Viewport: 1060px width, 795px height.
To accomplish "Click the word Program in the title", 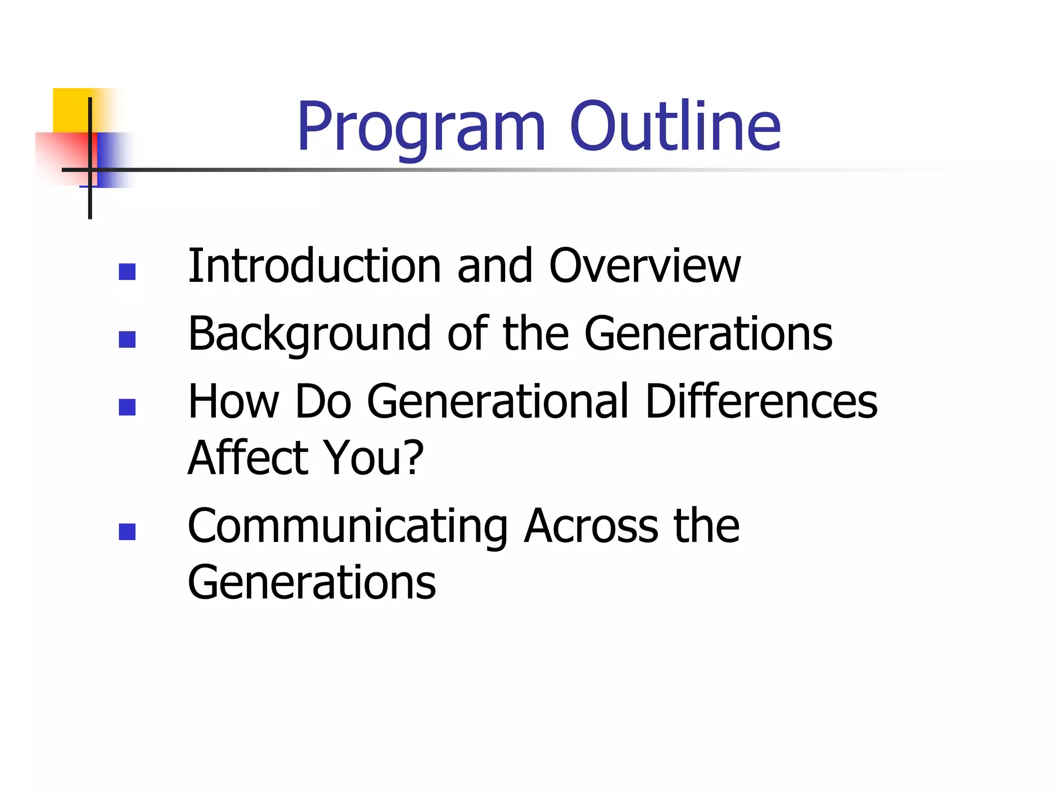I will point(421,128).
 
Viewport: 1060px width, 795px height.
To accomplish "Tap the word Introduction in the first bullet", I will point(314,266).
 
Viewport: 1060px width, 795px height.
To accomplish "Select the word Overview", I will point(644,266).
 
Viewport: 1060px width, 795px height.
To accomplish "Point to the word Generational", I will point(497,402).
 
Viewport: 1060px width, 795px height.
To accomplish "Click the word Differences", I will point(761,402).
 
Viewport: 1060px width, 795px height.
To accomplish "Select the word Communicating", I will point(347,527).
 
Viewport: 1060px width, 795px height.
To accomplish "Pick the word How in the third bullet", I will point(234,402).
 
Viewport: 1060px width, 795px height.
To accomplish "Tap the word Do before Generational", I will point(323,402).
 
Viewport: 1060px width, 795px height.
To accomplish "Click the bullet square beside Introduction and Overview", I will point(127,272).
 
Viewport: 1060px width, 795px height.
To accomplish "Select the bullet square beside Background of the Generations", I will point(127,340).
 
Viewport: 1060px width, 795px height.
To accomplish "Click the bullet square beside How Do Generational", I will point(127,407).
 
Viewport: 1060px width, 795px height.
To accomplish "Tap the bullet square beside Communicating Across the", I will point(127,532).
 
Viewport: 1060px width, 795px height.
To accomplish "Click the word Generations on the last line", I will point(312,583).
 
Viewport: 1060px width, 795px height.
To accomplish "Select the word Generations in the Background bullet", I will point(708,334).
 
